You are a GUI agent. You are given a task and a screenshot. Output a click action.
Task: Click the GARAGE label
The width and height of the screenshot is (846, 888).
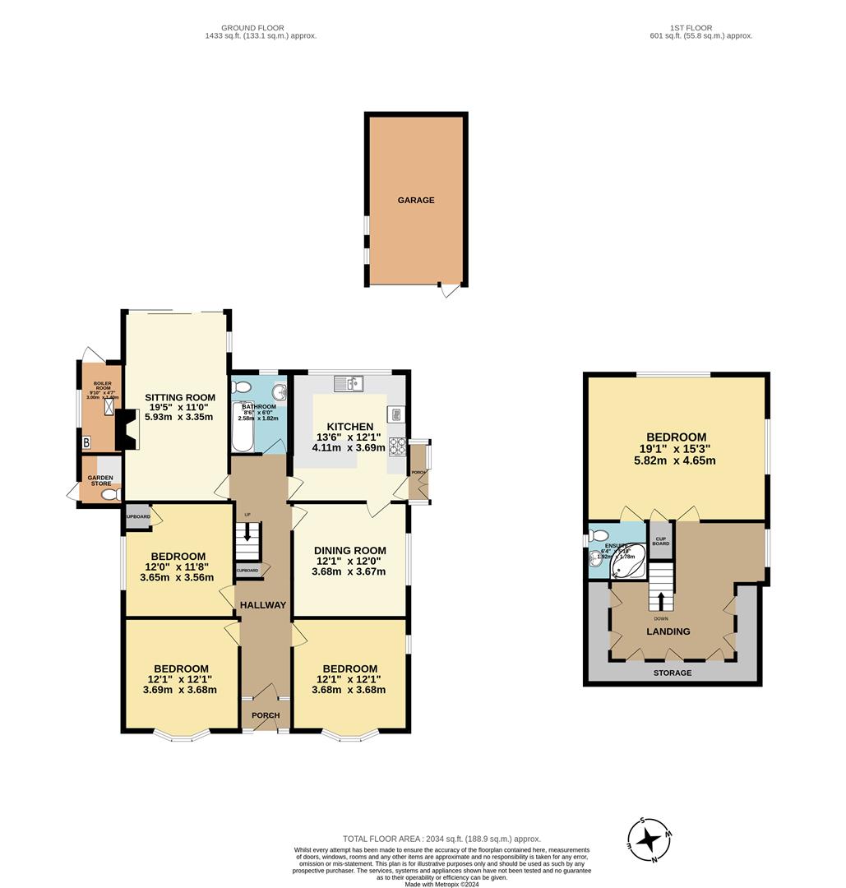(x=416, y=200)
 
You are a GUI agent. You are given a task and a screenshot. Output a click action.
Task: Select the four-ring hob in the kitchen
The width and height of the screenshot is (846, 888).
(x=397, y=446)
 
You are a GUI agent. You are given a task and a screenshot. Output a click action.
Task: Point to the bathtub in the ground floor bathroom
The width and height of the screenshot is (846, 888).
(x=243, y=428)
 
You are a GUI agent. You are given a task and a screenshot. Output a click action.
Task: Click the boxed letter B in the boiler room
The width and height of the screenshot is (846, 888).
(x=87, y=443)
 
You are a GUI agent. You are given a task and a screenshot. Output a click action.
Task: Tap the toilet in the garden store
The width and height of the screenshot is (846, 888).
(x=114, y=493)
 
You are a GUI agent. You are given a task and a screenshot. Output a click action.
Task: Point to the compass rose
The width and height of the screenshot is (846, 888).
(x=650, y=839)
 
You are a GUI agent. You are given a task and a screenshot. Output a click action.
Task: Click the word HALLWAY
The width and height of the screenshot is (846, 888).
(x=263, y=605)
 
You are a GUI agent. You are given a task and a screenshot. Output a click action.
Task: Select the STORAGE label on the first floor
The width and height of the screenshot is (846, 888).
(x=673, y=673)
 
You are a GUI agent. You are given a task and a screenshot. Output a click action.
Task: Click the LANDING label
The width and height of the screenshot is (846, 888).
(x=668, y=631)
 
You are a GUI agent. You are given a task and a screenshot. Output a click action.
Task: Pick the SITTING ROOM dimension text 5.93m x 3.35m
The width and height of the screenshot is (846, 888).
(x=178, y=417)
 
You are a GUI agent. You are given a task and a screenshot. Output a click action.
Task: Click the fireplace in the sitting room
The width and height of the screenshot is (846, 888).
(x=128, y=429)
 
